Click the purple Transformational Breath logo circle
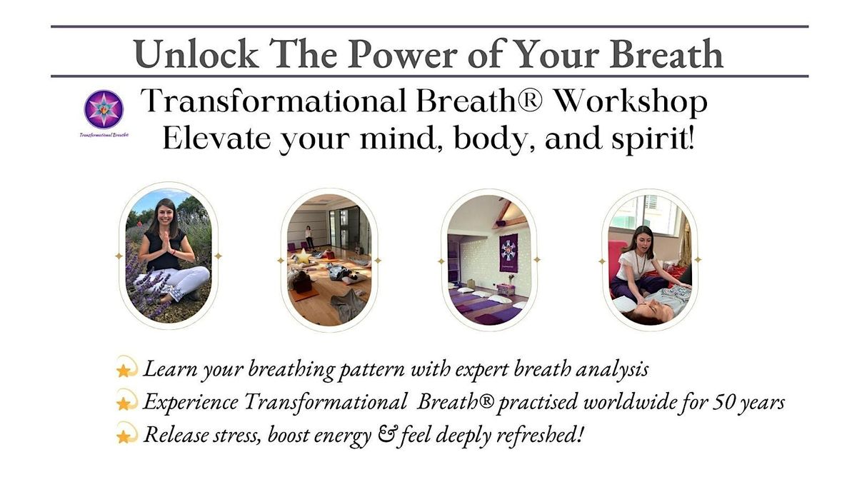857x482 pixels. (x=104, y=109)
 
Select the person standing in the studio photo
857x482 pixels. (x=309, y=236)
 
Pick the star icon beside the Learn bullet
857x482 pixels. (x=125, y=370)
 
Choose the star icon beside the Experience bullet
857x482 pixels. (x=125, y=403)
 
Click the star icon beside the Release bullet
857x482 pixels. (x=125, y=436)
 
